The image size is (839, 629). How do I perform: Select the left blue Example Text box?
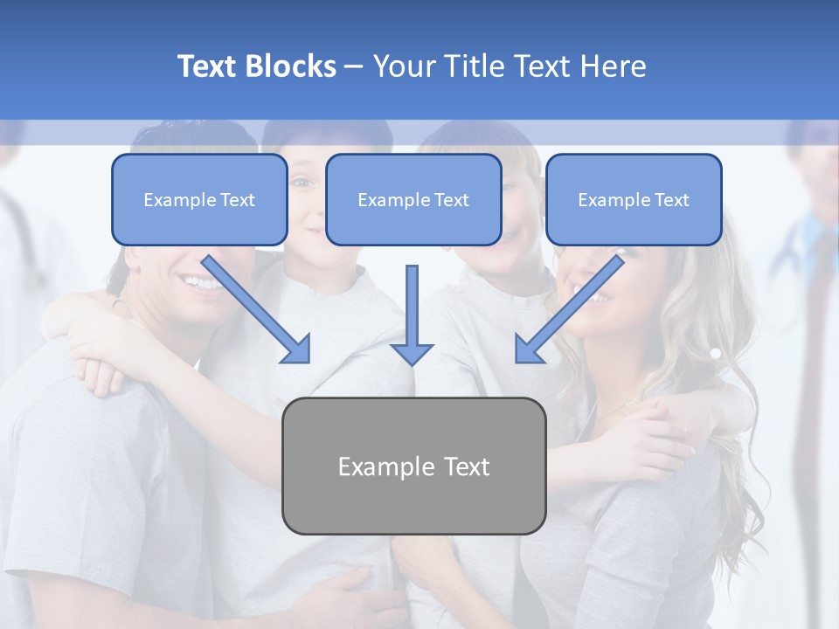(199, 200)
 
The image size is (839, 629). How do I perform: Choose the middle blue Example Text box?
(413, 200)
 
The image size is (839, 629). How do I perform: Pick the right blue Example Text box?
(634, 200)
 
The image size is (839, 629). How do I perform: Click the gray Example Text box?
(413, 466)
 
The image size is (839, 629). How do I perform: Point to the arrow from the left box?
(258, 310)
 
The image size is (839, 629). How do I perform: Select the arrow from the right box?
(569, 310)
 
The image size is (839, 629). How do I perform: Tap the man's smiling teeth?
(199, 282)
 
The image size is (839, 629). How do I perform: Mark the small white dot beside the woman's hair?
(715, 354)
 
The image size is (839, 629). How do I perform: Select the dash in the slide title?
(355, 66)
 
